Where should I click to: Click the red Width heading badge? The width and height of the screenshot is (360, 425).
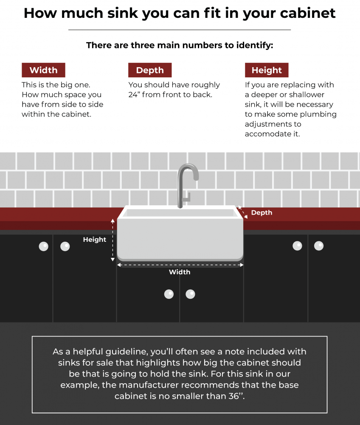click(43, 70)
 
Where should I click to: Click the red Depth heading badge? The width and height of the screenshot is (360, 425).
click(150, 70)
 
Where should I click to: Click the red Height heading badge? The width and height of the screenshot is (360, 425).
click(267, 70)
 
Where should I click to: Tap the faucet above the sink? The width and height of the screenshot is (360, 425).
click(187, 183)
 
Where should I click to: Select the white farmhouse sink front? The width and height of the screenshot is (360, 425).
click(180, 238)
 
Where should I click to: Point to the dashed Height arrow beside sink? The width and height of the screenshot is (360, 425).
click(112, 240)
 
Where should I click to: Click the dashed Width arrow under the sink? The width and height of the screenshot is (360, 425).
click(180, 265)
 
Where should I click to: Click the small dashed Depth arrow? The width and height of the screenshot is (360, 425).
click(242, 212)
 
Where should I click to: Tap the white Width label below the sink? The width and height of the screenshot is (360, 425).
click(180, 272)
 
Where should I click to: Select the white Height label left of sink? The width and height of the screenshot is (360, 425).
click(94, 240)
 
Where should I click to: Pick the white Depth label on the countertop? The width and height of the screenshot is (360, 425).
click(262, 212)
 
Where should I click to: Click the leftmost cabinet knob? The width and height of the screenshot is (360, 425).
click(43, 246)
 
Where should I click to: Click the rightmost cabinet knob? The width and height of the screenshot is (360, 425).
click(318, 246)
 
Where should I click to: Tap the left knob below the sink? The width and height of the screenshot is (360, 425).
click(169, 294)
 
